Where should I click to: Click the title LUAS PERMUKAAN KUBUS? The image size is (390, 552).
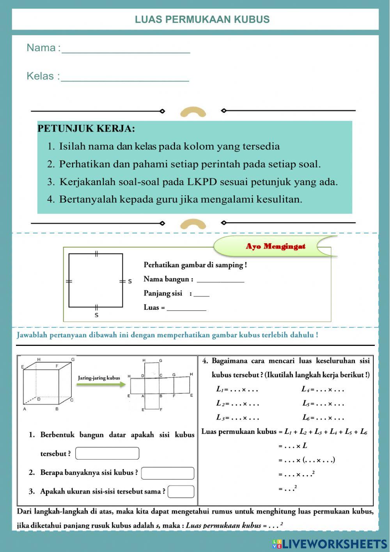click(202, 20)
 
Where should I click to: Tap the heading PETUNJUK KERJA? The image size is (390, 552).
click(86, 128)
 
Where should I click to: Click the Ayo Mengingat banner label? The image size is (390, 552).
click(275, 246)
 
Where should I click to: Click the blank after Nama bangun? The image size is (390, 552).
click(220, 279)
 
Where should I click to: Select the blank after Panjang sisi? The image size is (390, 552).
click(202, 294)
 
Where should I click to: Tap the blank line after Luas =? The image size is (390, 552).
click(186, 308)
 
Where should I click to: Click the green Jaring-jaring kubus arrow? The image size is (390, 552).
click(101, 384)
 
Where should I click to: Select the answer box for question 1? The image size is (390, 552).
click(107, 453)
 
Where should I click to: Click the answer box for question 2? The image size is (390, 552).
click(167, 473)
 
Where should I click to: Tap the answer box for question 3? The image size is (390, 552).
click(181, 491)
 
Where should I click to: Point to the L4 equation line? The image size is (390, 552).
click(323, 389)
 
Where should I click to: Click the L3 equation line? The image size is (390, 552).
click(238, 418)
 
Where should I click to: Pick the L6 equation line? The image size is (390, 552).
click(323, 418)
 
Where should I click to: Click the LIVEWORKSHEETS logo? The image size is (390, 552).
click(330, 544)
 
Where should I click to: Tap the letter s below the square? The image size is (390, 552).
click(96, 315)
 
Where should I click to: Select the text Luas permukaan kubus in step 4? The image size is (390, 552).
click(239, 432)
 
